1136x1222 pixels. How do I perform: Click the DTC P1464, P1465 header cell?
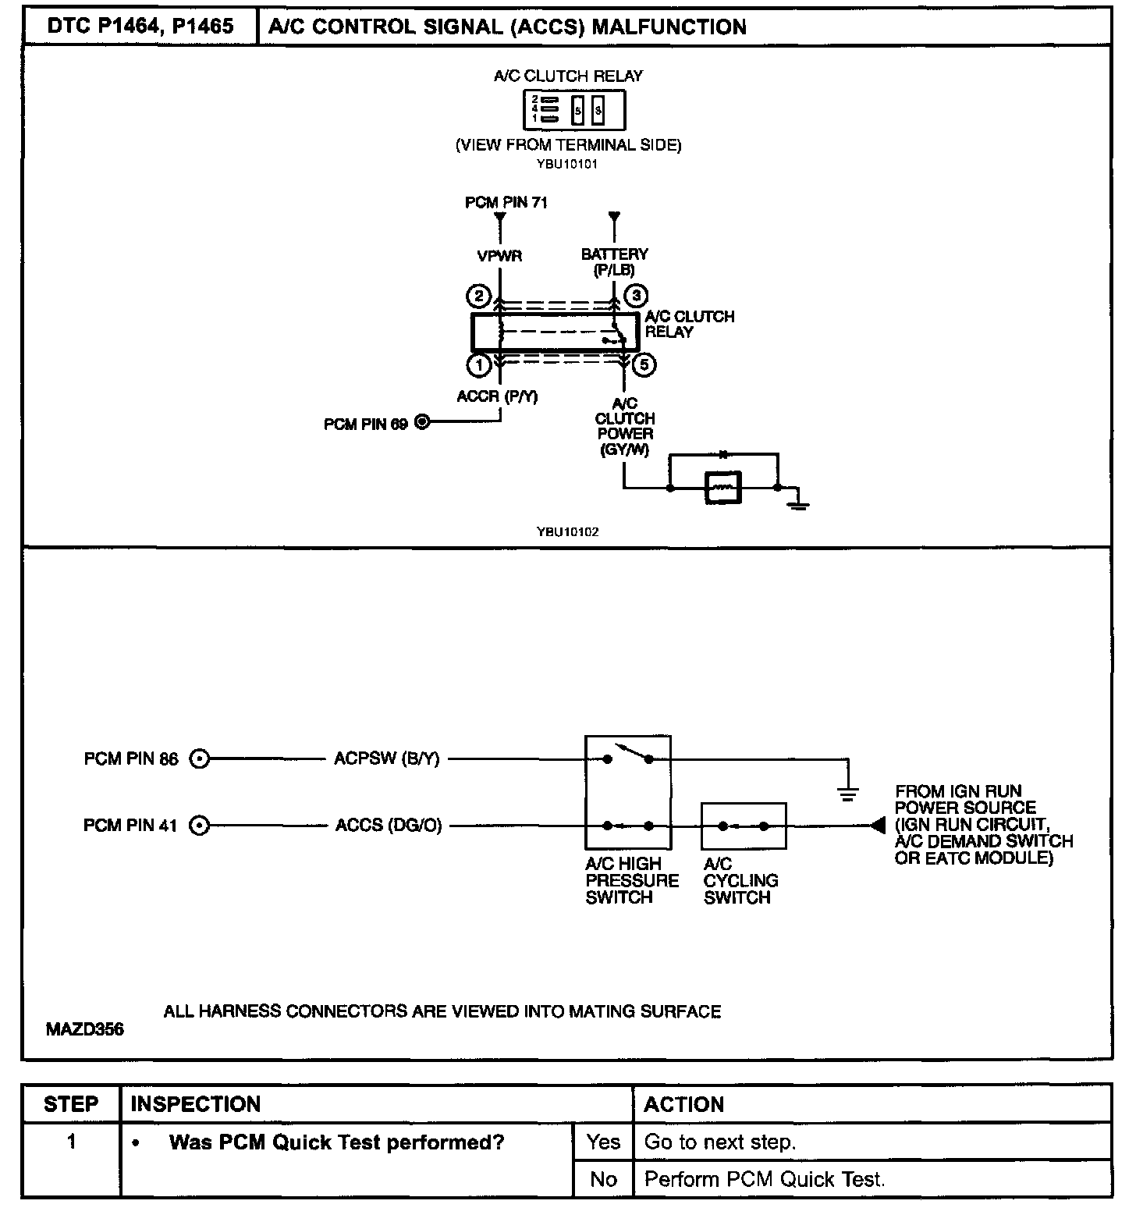click(140, 27)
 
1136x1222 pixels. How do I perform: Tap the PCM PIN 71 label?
click(506, 203)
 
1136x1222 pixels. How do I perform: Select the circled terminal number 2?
click(477, 297)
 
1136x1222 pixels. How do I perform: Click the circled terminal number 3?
click(637, 296)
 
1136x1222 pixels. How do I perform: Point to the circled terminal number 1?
click(477, 364)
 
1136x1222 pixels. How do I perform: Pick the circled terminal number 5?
click(644, 364)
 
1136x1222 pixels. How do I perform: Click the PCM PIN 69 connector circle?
click(423, 423)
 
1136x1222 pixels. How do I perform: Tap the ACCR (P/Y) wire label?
click(497, 396)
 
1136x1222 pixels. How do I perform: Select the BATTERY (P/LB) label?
click(615, 261)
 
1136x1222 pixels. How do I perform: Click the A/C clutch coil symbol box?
click(722, 488)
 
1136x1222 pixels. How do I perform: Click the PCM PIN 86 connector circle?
click(201, 758)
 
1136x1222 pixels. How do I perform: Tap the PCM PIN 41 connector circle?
click(201, 826)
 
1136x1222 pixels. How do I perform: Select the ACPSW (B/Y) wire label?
click(387, 758)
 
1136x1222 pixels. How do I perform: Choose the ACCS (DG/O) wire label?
click(389, 826)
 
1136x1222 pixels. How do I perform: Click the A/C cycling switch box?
click(744, 826)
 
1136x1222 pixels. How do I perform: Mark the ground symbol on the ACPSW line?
click(847, 793)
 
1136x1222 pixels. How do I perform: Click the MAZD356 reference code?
click(84, 1029)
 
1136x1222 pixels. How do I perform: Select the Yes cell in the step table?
click(603, 1142)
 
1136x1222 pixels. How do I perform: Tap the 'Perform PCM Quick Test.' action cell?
click(765, 1179)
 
